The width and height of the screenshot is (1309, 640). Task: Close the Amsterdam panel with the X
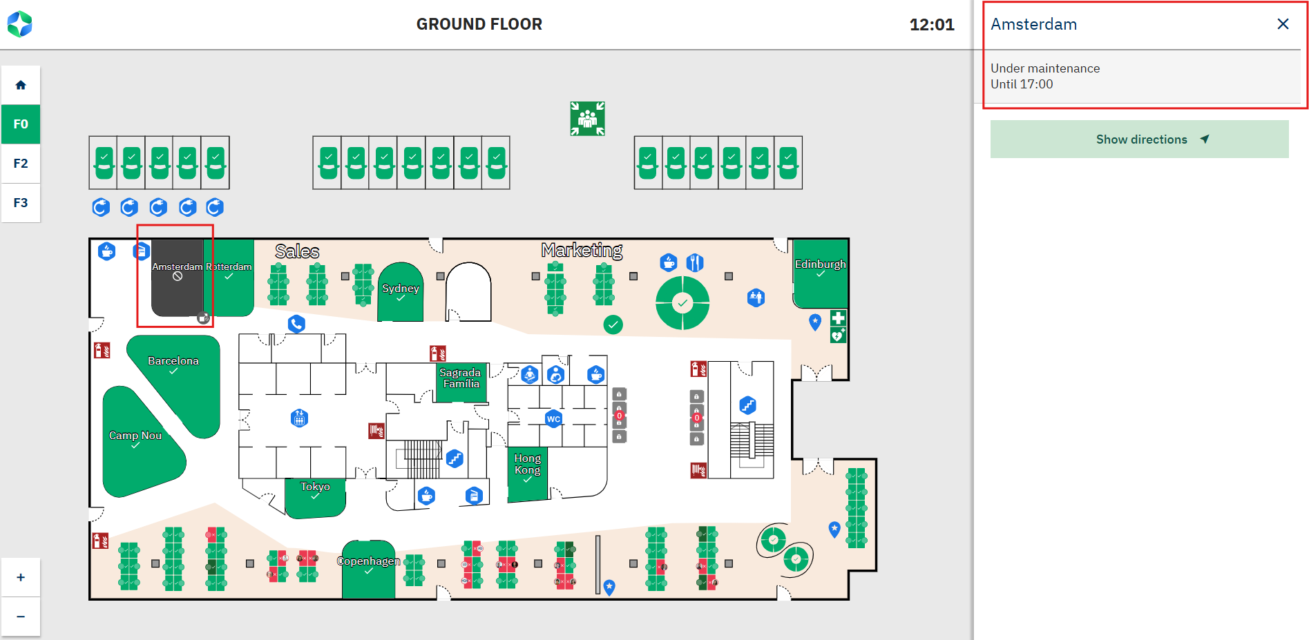[1283, 24]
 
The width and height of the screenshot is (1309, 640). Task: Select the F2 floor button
[21, 164]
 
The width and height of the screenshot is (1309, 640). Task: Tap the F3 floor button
[21, 203]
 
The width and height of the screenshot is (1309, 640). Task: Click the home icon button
[21, 85]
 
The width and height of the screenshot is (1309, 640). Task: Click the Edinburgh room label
[820, 264]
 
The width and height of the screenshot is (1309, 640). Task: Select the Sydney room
[401, 289]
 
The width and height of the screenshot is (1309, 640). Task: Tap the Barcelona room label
[173, 361]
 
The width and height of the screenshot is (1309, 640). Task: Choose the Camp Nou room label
[135, 436]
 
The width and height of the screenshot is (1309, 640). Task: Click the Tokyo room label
[315, 487]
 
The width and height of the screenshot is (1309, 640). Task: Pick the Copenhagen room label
[369, 561]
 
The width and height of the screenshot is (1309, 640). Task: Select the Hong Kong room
[528, 464]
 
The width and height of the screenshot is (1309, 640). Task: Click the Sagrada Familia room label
[461, 378]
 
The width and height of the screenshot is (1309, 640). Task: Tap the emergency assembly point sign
[587, 119]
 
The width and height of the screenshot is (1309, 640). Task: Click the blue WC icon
[553, 419]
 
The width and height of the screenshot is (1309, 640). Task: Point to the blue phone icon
[296, 324]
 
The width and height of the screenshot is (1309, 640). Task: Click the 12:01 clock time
[931, 25]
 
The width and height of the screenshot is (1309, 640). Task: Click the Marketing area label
[582, 250]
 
